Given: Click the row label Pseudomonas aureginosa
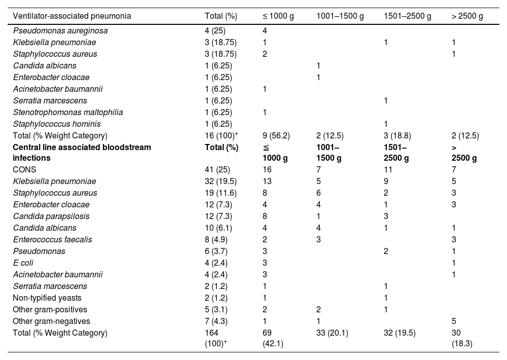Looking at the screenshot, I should click(x=60, y=31).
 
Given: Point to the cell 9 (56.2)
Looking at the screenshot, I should click(x=273, y=135).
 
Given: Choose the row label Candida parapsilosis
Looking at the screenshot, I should click(x=49, y=216).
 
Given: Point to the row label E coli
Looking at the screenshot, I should click(x=23, y=263).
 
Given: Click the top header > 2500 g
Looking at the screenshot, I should click(x=467, y=16).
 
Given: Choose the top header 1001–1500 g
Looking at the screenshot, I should click(x=340, y=16).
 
